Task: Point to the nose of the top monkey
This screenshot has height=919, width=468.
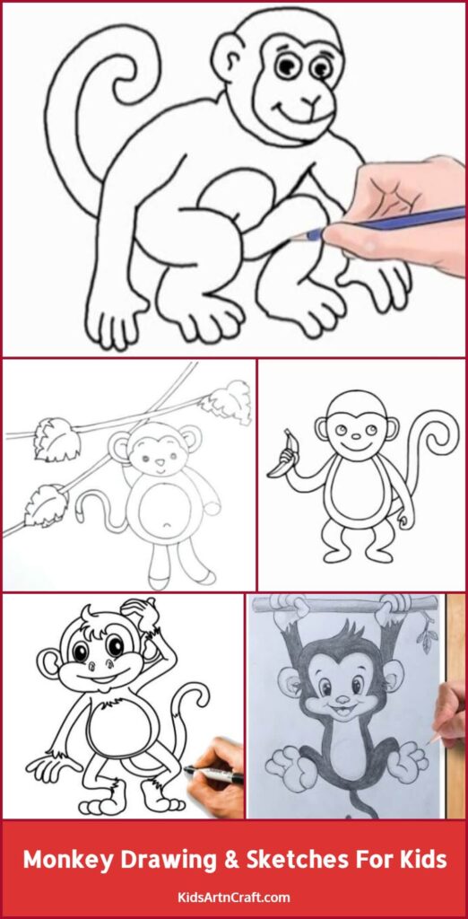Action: [311, 100]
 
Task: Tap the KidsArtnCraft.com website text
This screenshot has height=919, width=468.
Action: [233, 897]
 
